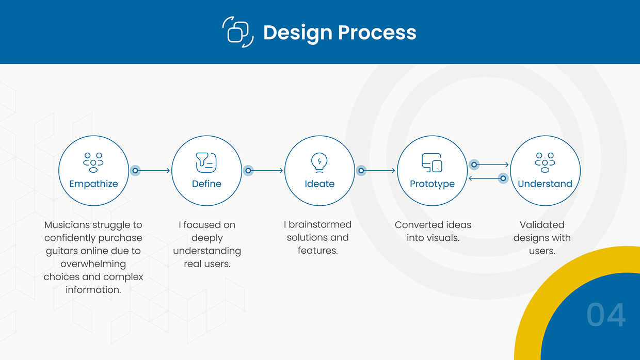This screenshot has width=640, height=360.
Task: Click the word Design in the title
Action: click(x=298, y=33)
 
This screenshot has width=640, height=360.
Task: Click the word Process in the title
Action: click(x=377, y=32)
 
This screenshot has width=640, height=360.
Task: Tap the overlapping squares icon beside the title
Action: click(x=238, y=32)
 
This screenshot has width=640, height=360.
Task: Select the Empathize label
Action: click(x=93, y=184)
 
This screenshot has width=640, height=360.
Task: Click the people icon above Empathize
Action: click(x=93, y=163)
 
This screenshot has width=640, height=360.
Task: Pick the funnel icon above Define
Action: click(x=206, y=163)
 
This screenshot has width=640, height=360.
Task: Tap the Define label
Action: click(x=206, y=184)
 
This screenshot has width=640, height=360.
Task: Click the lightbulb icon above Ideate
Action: click(x=319, y=163)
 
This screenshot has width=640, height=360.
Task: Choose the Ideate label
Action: click(x=319, y=184)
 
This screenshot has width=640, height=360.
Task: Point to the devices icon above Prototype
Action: click(x=432, y=163)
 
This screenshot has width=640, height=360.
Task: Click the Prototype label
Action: click(x=432, y=184)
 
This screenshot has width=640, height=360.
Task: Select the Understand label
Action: click(x=545, y=184)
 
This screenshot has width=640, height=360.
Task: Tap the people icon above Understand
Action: click(x=545, y=163)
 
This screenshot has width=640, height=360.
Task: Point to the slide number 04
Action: click(x=606, y=315)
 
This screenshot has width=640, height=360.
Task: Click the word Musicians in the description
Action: click(x=67, y=225)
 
